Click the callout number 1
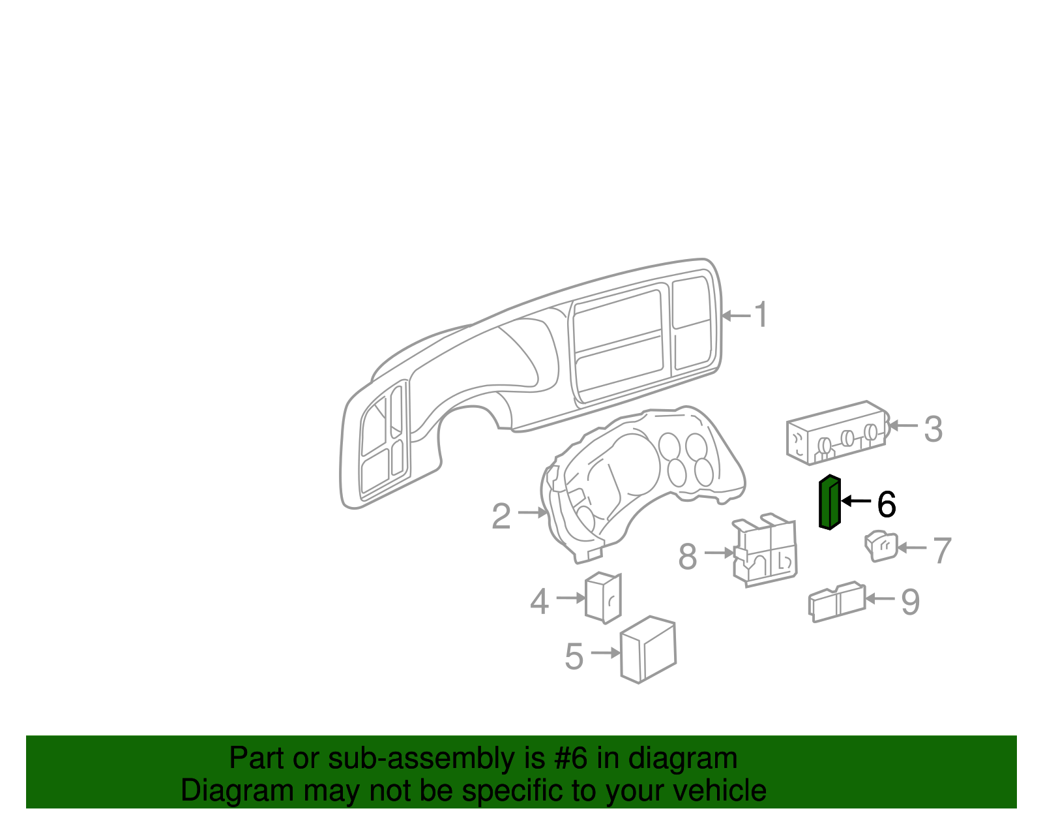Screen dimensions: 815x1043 point(761,315)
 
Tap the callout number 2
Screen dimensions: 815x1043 point(501,516)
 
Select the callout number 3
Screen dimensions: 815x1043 point(933,429)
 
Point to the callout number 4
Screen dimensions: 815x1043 point(539,602)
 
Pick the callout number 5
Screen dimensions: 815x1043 point(574,656)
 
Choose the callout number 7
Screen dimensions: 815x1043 point(942,551)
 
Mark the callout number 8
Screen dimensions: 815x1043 point(688,557)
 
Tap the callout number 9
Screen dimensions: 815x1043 point(910,602)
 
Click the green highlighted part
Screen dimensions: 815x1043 point(830,502)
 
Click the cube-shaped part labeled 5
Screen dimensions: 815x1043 point(648,650)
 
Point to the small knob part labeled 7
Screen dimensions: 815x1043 point(881,547)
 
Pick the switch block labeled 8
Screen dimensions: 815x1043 point(766,552)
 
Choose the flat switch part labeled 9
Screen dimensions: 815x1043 point(837,602)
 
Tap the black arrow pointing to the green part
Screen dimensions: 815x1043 point(856,501)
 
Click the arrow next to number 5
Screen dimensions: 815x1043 point(605,653)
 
